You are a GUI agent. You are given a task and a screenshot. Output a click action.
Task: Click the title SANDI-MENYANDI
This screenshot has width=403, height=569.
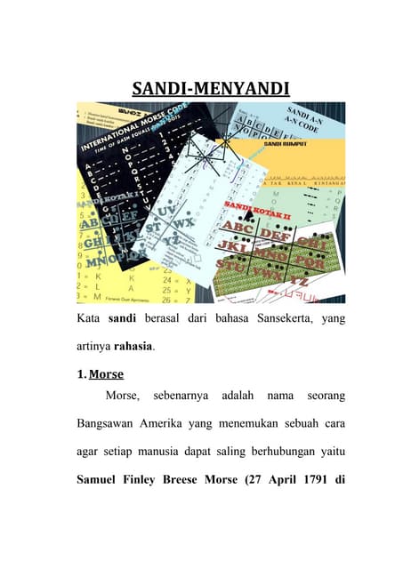pos(201,89)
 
